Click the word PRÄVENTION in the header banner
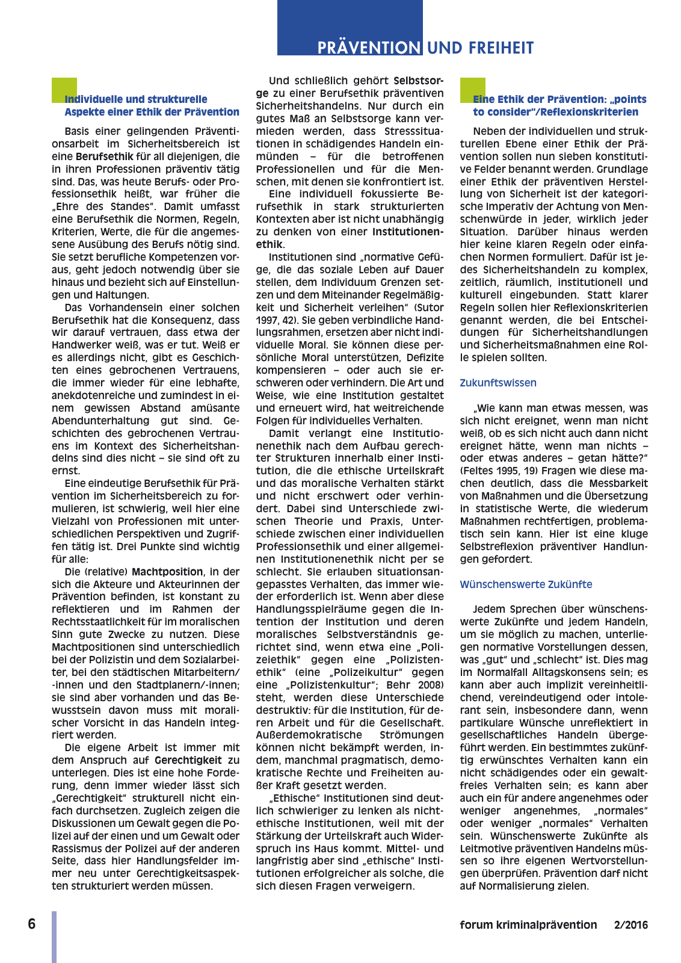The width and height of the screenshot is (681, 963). pos(369,48)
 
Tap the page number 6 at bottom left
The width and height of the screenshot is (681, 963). pos(32,924)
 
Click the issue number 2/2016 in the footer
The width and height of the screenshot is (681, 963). pos(631,925)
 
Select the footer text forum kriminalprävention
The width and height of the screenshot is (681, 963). pos(528,925)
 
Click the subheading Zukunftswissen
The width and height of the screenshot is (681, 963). pos(498,383)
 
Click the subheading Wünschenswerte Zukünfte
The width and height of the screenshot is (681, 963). pos(526,584)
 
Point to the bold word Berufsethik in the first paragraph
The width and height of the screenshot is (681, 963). pos(104,156)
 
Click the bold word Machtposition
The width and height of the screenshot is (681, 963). pos(167,572)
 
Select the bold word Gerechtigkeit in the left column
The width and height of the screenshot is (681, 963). pos(188,760)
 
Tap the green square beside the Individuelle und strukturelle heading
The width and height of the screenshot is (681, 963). pos(64,90)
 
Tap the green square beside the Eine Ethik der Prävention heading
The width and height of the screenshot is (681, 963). pos(472,90)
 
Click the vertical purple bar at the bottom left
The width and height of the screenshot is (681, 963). pos(54,936)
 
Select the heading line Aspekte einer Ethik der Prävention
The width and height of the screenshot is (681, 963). pos(152,112)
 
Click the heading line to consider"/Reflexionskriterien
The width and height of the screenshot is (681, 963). pos(555,112)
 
